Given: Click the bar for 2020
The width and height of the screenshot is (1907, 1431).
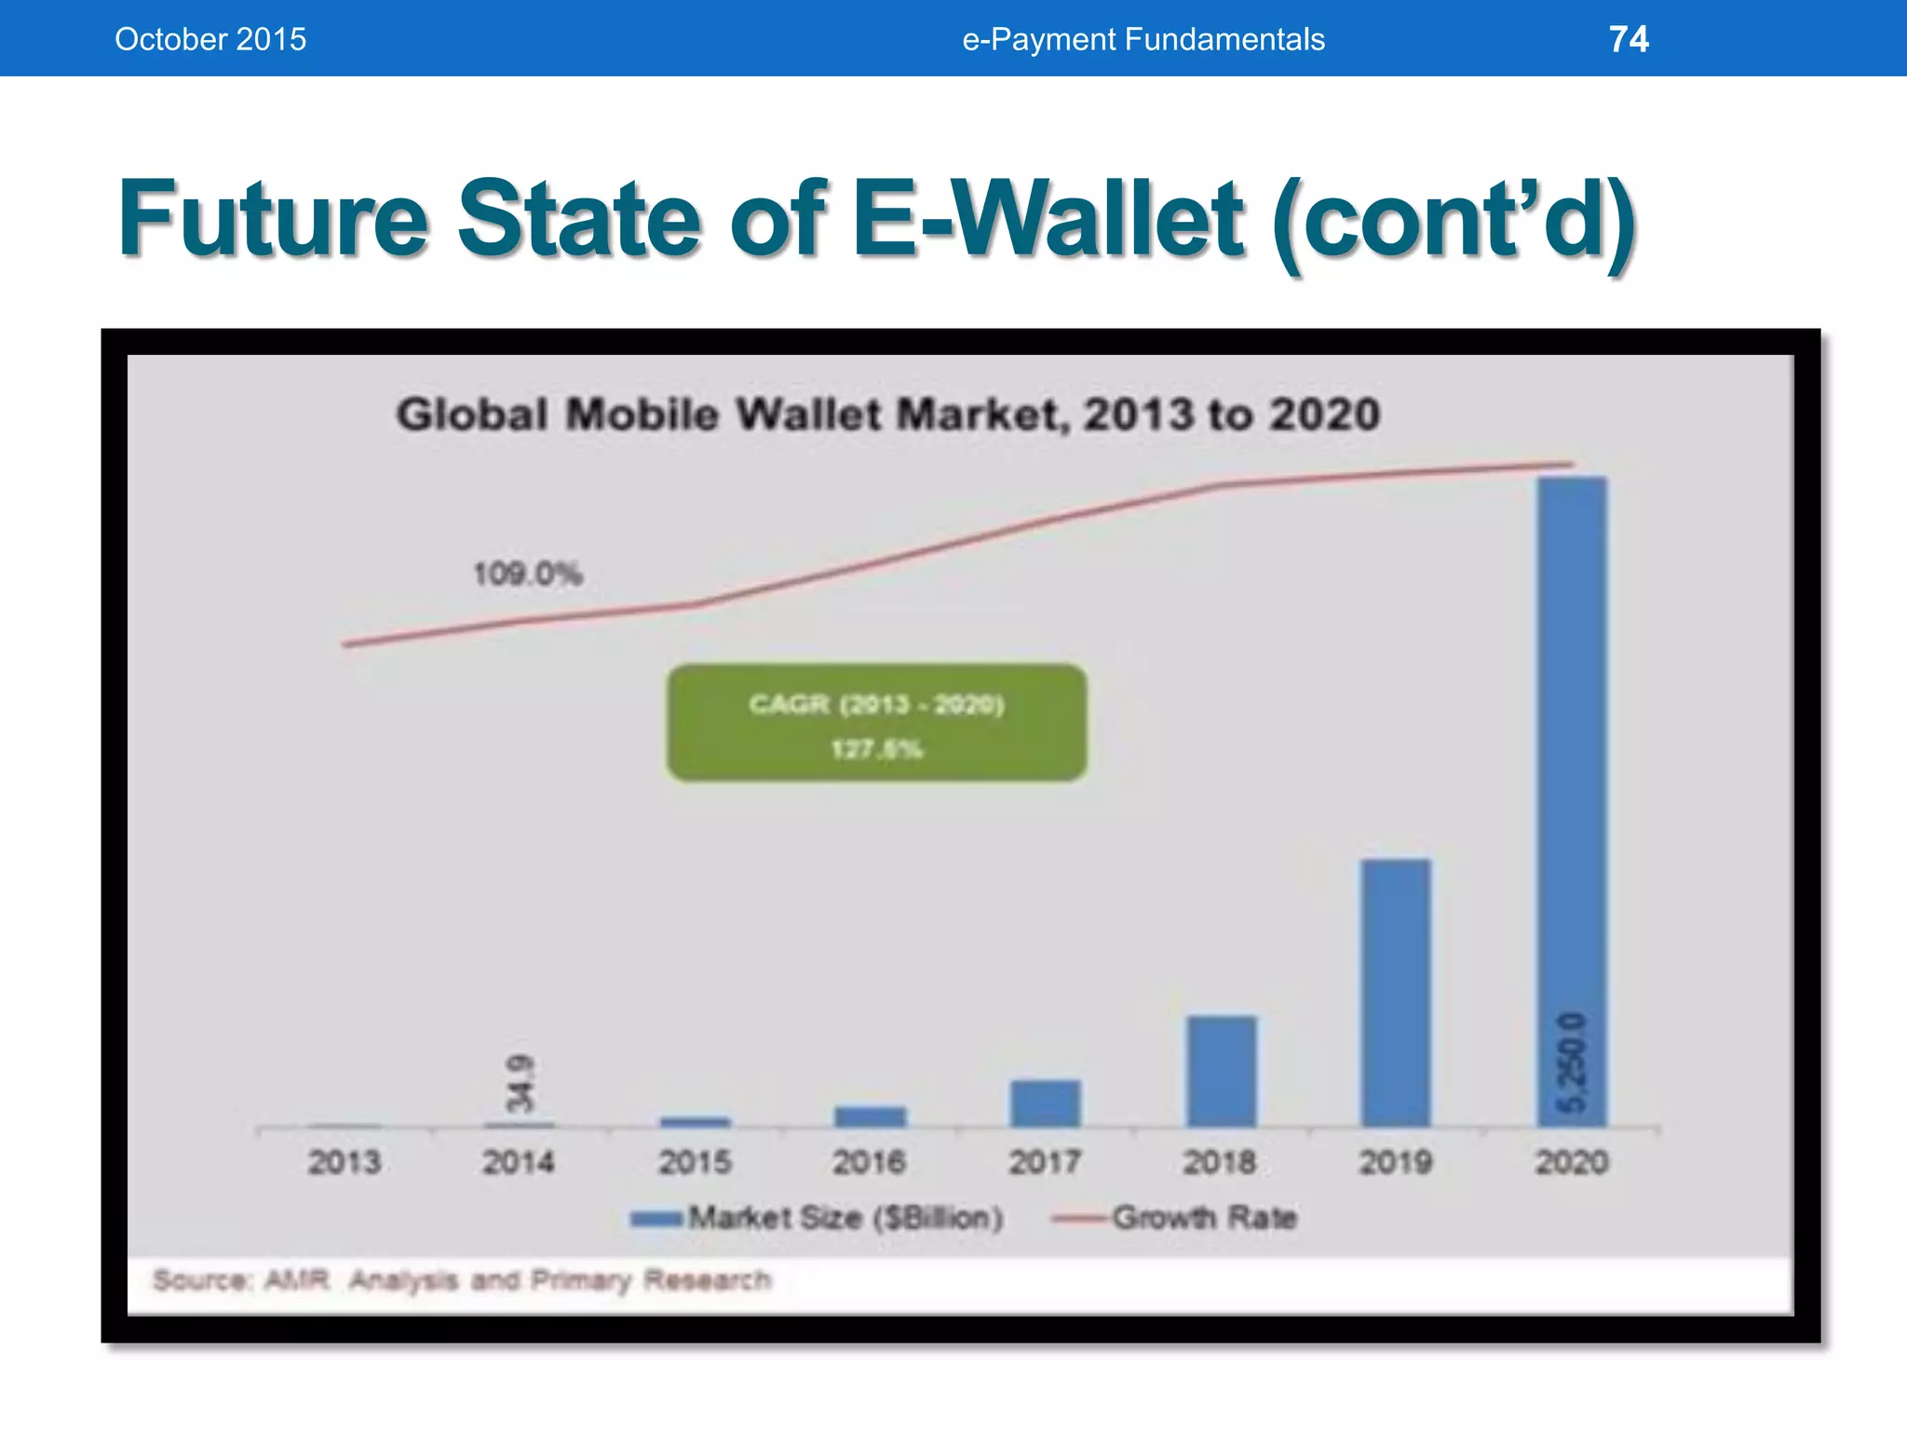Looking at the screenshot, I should (1572, 801).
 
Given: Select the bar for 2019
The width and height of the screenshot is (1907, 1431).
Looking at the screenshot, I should (1396, 992).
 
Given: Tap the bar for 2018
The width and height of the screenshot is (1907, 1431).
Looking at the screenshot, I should (1221, 1071).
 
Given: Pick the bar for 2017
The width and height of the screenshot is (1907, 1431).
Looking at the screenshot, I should (1046, 1104).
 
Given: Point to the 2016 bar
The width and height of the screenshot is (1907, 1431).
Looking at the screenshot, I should (870, 1116).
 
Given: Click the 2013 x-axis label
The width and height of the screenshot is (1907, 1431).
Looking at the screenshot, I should (345, 1163).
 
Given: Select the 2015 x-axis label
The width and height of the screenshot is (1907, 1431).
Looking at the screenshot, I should (695, 1163).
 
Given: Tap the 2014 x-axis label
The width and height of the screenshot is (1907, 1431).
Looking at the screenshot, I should (519, 1163).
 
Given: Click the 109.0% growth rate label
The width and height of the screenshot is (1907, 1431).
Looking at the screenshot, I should (527, 573).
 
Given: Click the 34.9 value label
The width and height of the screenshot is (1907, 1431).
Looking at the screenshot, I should (521, 1083).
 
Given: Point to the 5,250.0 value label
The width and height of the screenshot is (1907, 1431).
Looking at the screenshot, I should (1572, 1062).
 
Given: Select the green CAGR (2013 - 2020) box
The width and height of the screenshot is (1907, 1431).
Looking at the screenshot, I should (876, 723).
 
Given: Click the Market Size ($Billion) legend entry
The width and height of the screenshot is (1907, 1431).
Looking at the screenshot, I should (818, 1218).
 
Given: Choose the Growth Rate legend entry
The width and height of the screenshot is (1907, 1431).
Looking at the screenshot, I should (1175, 1218).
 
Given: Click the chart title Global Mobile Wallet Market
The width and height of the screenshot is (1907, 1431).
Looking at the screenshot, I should (887, 415).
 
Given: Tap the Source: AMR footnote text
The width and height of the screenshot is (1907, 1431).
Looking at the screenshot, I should (462, 1280).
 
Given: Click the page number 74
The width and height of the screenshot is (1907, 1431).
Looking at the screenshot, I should (1629, 39).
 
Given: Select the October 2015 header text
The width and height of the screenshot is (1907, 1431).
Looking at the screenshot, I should (210, 39).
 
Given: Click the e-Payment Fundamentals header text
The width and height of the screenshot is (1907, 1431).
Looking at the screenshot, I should (1143, 39).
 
